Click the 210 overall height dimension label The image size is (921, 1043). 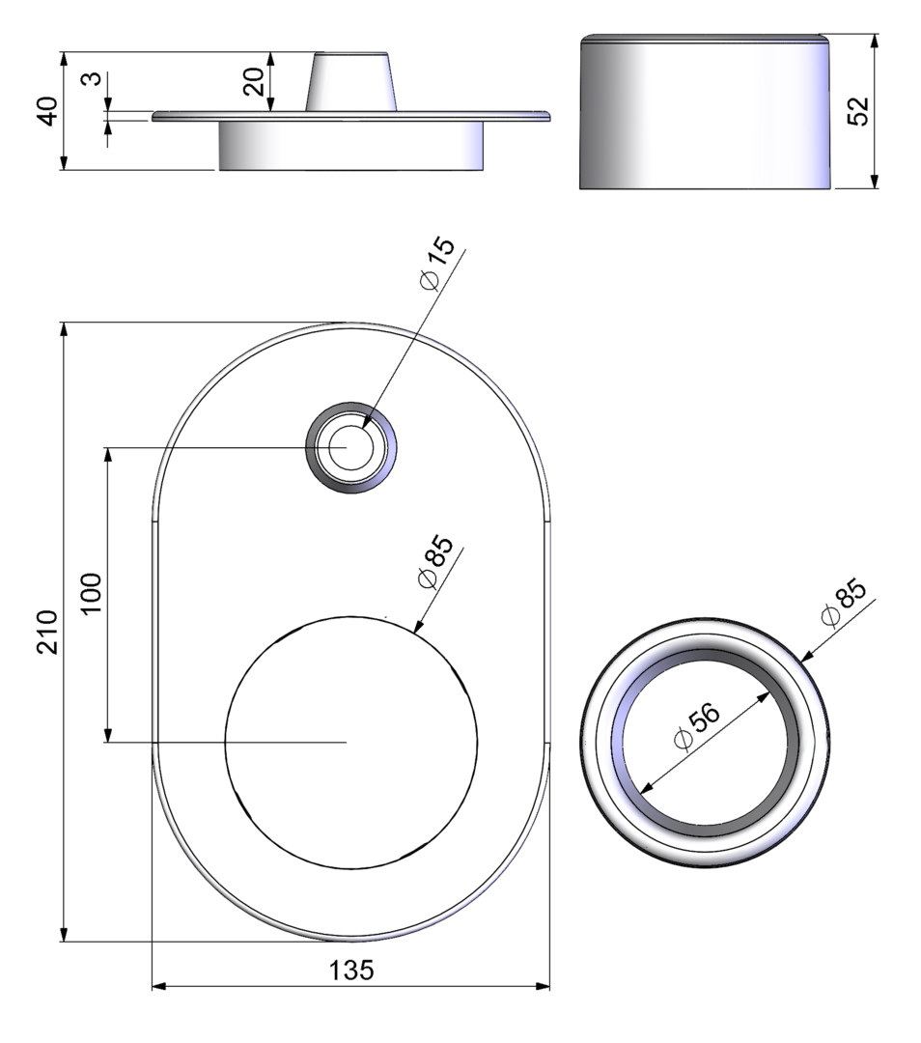47,632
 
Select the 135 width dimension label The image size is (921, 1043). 351,971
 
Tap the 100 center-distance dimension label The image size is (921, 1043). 91,593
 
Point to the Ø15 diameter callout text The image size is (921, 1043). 438,264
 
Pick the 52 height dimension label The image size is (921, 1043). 859,112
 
